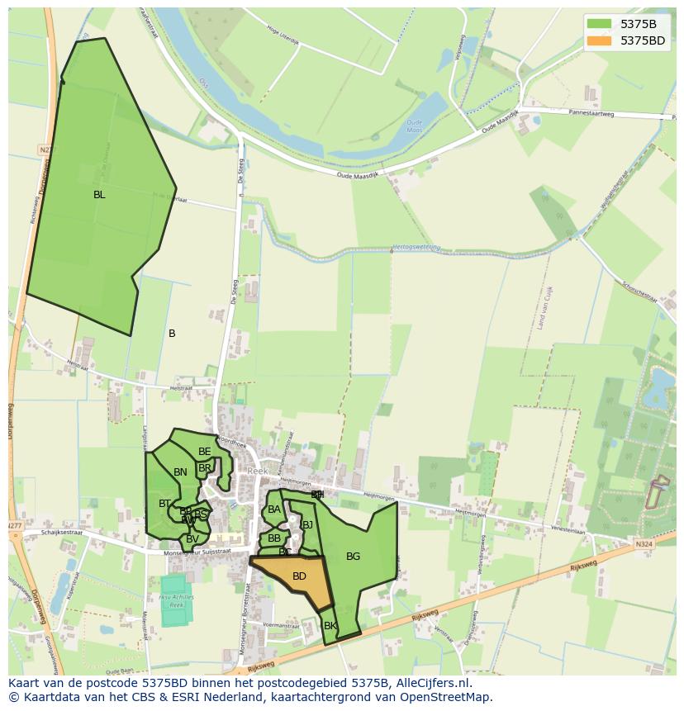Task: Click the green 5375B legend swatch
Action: [600, 24]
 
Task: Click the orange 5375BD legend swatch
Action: [600, 40]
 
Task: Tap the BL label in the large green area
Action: [99, 195]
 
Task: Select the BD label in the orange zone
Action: [299, 576]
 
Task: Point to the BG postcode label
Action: [353, 557]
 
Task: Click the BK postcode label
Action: [330, 626]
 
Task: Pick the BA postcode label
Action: [274, 510]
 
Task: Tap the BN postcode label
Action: [180, 472]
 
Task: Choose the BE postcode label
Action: [204, 452]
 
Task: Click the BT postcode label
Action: [164, 504]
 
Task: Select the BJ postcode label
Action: [307, 524]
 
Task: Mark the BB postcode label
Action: [274, 538]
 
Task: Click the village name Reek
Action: [258, 471]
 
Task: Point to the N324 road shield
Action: [644, 544]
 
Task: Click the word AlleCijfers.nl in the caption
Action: [432, 683]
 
